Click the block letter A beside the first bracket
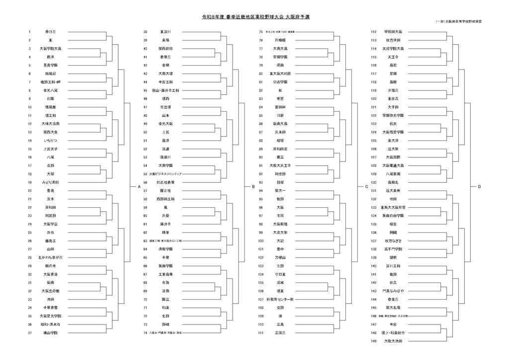click(x=139, y=186)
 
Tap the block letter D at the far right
click(x=480, y=186)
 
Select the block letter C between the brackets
click(x=366, y=186)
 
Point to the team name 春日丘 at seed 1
click(x=51, y=31)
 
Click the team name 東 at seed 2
click(x=51, y=40)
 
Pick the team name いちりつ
click(x=51, y=141)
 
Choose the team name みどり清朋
click(x=51, y=182)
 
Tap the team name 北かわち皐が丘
click(x=51, y=258)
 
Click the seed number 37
click(x=29, y=333)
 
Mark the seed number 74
click(x=145, y=333)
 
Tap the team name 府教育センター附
click(x=280, y=299)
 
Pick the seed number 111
click(x=261, y=333)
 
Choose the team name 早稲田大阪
click(x=393, y=31)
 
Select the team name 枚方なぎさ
click(x=393, y=241)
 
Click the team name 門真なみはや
click(x=393, y=291)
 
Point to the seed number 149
click(x=374, y=341)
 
